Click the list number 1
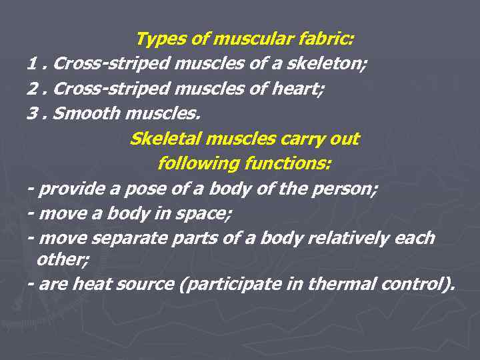click(x=32, y=65)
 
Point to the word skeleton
click(x=325, y=65)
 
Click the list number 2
click(x=33, y=89)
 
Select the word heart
click(x=300, y=89)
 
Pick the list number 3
click(x=33, y=114)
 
